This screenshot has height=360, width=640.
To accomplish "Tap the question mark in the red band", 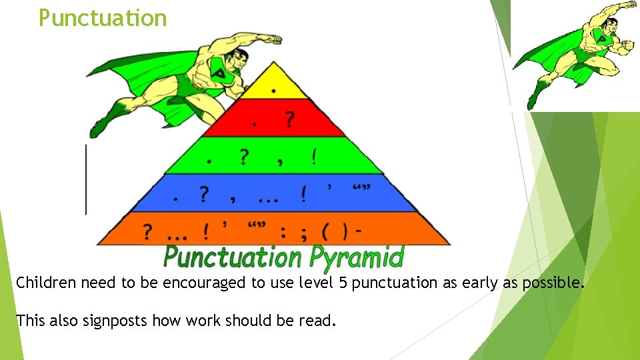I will [x=289, y=119].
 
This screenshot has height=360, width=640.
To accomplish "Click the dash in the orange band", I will [x=359, y=231].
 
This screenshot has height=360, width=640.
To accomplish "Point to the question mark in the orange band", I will [x=147, y=232].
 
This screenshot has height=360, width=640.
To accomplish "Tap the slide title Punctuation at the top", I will [x=103, y=18].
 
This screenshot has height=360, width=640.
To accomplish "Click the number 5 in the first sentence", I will [x=342, y=283].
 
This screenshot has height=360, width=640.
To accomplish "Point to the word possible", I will [x=553, y=283].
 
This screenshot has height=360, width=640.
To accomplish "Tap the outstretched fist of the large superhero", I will [x=272, y=39].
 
